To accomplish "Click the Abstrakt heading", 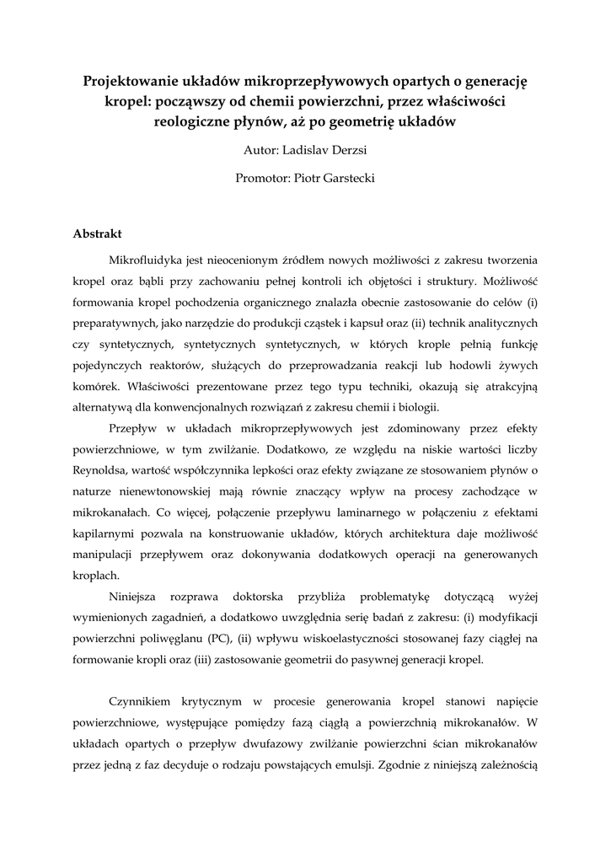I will tap(98, 233).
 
